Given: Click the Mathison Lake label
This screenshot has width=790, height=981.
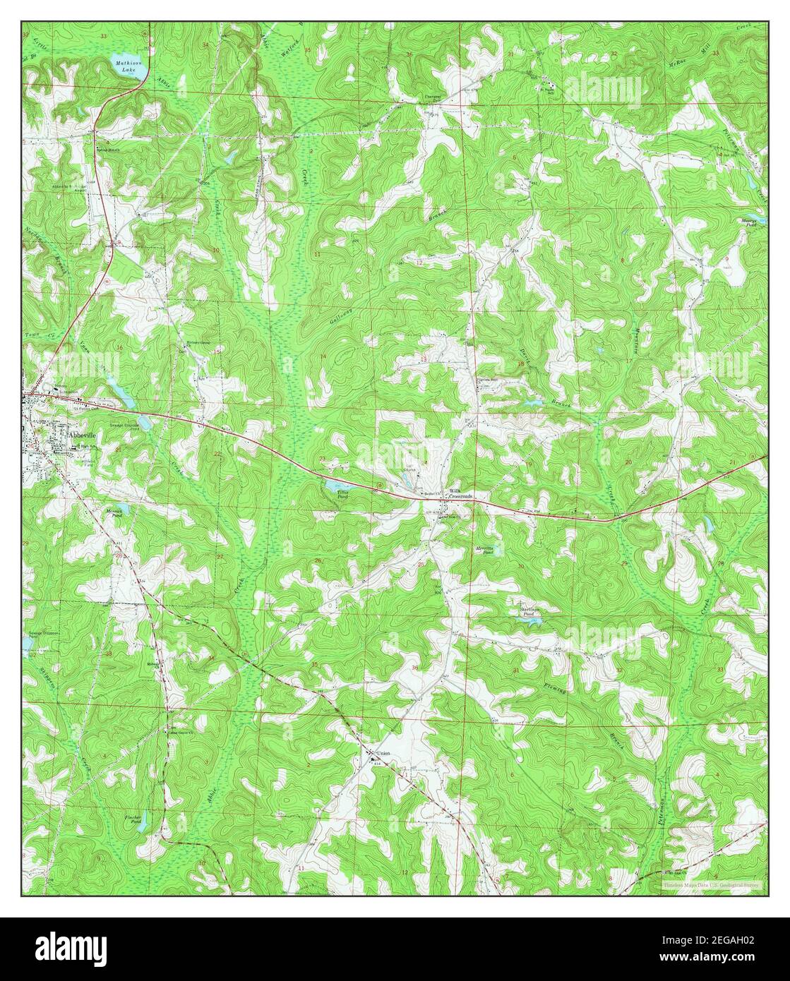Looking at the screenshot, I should (128, 66).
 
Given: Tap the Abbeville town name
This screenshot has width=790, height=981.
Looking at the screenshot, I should (82, 436).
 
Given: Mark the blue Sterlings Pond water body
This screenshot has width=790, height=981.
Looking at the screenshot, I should (535, 621).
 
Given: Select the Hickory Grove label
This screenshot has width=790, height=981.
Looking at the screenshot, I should (198, 344).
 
